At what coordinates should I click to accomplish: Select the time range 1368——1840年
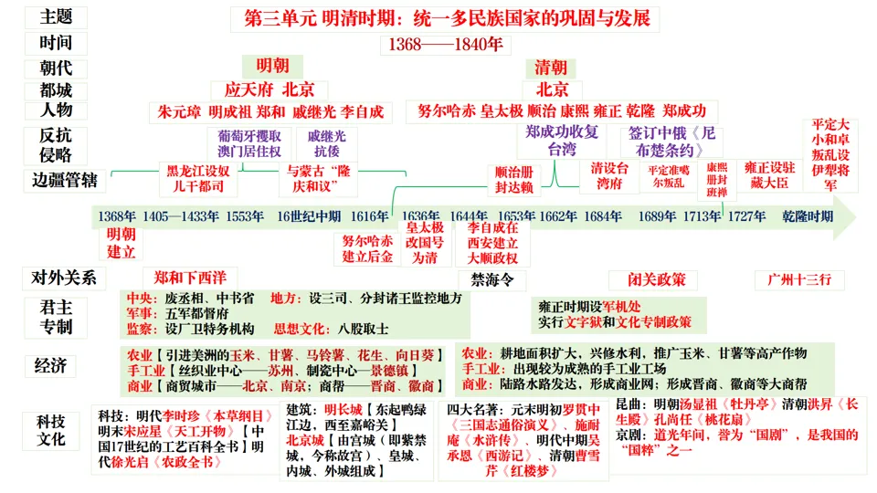click(x=446, y=44)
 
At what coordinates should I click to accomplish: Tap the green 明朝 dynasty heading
click(x=272, y=67)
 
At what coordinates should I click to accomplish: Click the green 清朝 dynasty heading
click(x=550, y=68)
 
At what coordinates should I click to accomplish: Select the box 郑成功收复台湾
click(x=562, y=141)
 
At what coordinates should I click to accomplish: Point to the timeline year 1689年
click(x=657, y=216)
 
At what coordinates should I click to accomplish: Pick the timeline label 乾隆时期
click(x=808, y=216)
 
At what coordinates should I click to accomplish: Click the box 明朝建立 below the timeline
click(x=122, y=243)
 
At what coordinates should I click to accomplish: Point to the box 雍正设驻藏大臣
click(x=769, y=175)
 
